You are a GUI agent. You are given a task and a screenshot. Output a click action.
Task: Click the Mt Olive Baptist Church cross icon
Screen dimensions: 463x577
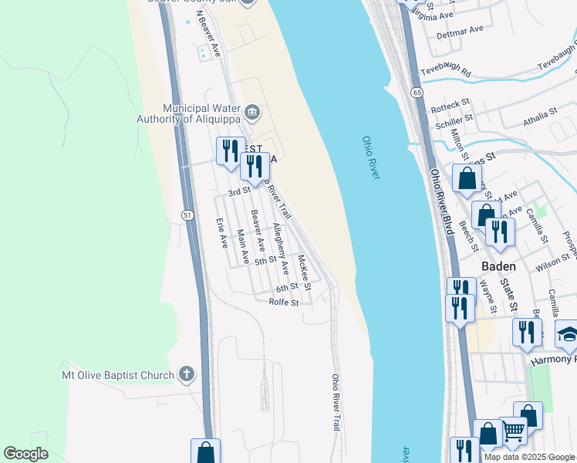(x=185, y=375)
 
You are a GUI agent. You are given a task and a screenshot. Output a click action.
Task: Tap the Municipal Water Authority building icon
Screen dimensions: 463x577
(x=251, y=114)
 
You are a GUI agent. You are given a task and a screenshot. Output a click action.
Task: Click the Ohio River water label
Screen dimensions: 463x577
(x=371, y=158)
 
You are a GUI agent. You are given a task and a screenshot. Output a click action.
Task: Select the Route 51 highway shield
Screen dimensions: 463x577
(x=187, y=215)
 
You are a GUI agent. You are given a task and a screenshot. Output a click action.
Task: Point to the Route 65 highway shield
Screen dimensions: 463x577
(x=417, y=93)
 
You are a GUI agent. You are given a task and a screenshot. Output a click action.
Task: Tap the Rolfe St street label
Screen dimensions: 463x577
(x=284, y=302)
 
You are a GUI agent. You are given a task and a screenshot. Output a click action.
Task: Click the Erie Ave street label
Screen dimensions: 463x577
(x=223, y=231)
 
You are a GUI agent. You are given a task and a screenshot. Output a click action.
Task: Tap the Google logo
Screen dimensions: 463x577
(x=25, y=454)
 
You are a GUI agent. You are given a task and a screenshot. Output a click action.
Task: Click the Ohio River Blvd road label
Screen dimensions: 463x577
(x=440, y=202)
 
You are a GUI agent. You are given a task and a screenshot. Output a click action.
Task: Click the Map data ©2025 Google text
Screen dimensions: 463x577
(x=529, y=457)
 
